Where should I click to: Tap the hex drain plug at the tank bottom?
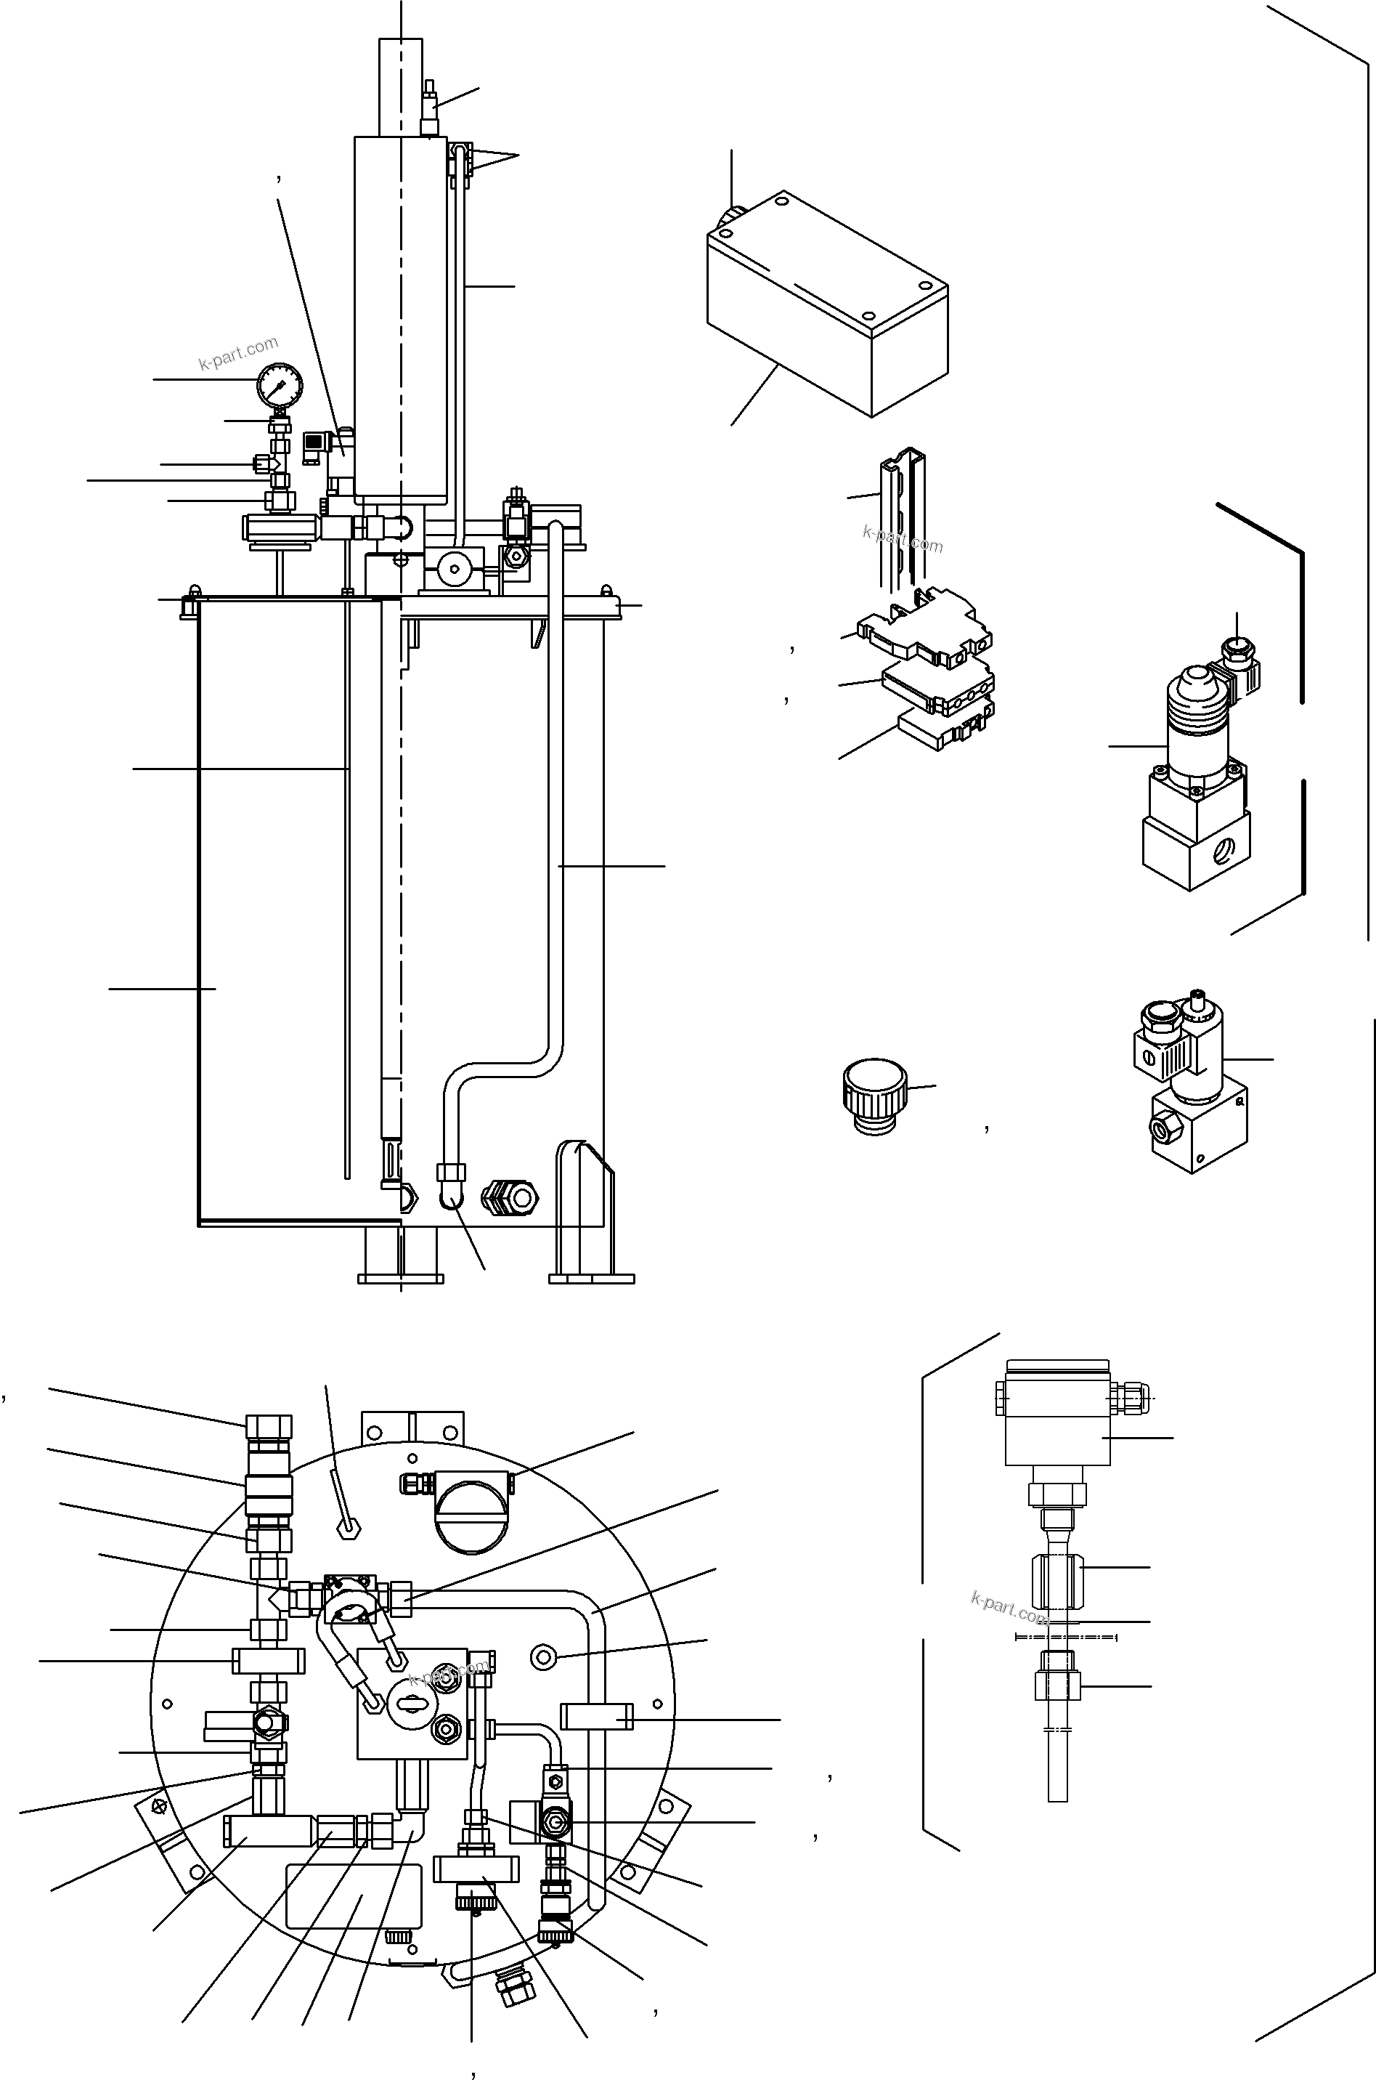click(x=510, y=1197)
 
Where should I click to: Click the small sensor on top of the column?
click(x=429, y=109)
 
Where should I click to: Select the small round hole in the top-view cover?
click(x=544, y=1656)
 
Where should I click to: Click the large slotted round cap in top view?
click(x=472, y=1512)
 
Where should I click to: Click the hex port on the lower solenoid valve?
click(x=1165, y=1125)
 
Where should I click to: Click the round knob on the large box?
click(x=731, y=214)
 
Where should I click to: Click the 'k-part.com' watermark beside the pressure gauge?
click(x=238, y=353)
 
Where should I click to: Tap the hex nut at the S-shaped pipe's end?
click(x=450, y=1172)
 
